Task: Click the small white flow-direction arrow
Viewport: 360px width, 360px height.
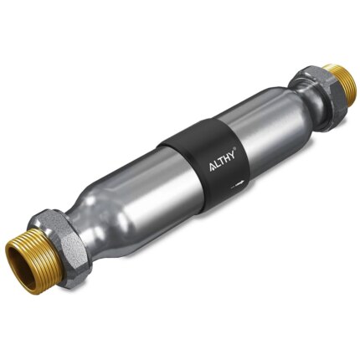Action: click(240, 179)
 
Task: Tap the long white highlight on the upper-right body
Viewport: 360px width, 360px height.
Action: click(251, 117)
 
